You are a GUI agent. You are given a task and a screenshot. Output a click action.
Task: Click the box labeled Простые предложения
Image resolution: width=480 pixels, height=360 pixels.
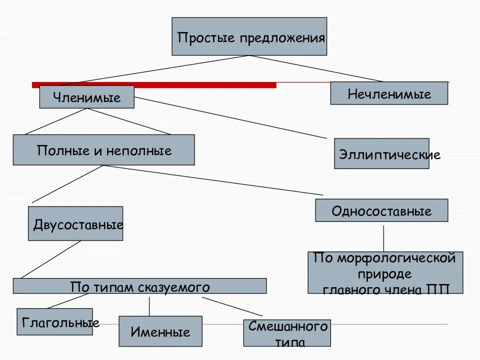pyautogui.click(x=249, y=36)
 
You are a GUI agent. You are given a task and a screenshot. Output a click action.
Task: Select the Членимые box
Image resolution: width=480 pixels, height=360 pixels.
pyautogui.click(x=87, y=97)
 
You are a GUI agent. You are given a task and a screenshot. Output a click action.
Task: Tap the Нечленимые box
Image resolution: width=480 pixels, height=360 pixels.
pyautogui.click(x=389, y=93)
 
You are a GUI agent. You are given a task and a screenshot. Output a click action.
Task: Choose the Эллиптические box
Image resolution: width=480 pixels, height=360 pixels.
pyautogui.click(x=381, y=153)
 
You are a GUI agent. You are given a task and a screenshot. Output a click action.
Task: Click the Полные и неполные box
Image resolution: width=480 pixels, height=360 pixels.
pyautogui.click(x=103, y=150)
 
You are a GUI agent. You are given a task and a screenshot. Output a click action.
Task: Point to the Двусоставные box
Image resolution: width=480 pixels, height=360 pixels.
pyautogui.click(x=75, y=223)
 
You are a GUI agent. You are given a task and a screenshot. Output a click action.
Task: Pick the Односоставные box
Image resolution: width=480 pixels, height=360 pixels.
pyautogui.click(x=381, y=210)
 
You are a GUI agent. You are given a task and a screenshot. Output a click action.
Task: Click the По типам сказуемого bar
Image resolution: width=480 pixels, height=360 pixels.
pyautogui.click(x=139, y=286)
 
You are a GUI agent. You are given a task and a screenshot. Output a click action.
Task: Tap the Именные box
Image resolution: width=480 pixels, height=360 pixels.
pyautogui.click(x=160, y=331)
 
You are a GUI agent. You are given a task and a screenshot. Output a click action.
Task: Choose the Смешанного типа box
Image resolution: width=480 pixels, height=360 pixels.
pyautogui.click(x=287, y=333)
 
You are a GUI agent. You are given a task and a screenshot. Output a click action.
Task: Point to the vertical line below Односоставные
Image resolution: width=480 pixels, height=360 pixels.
pyautogui.click(x=383, y=238)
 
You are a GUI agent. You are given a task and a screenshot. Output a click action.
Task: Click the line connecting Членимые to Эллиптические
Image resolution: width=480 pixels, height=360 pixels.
pyautogui.click(x=230, y=117)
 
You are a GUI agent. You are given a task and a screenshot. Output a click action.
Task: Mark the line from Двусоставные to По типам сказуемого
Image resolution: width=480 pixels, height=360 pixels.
pyautogui.click(x=50, y=259)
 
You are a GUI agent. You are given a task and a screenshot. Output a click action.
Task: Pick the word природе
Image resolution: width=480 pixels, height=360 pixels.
pyautogui.click(x=384, y=274)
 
